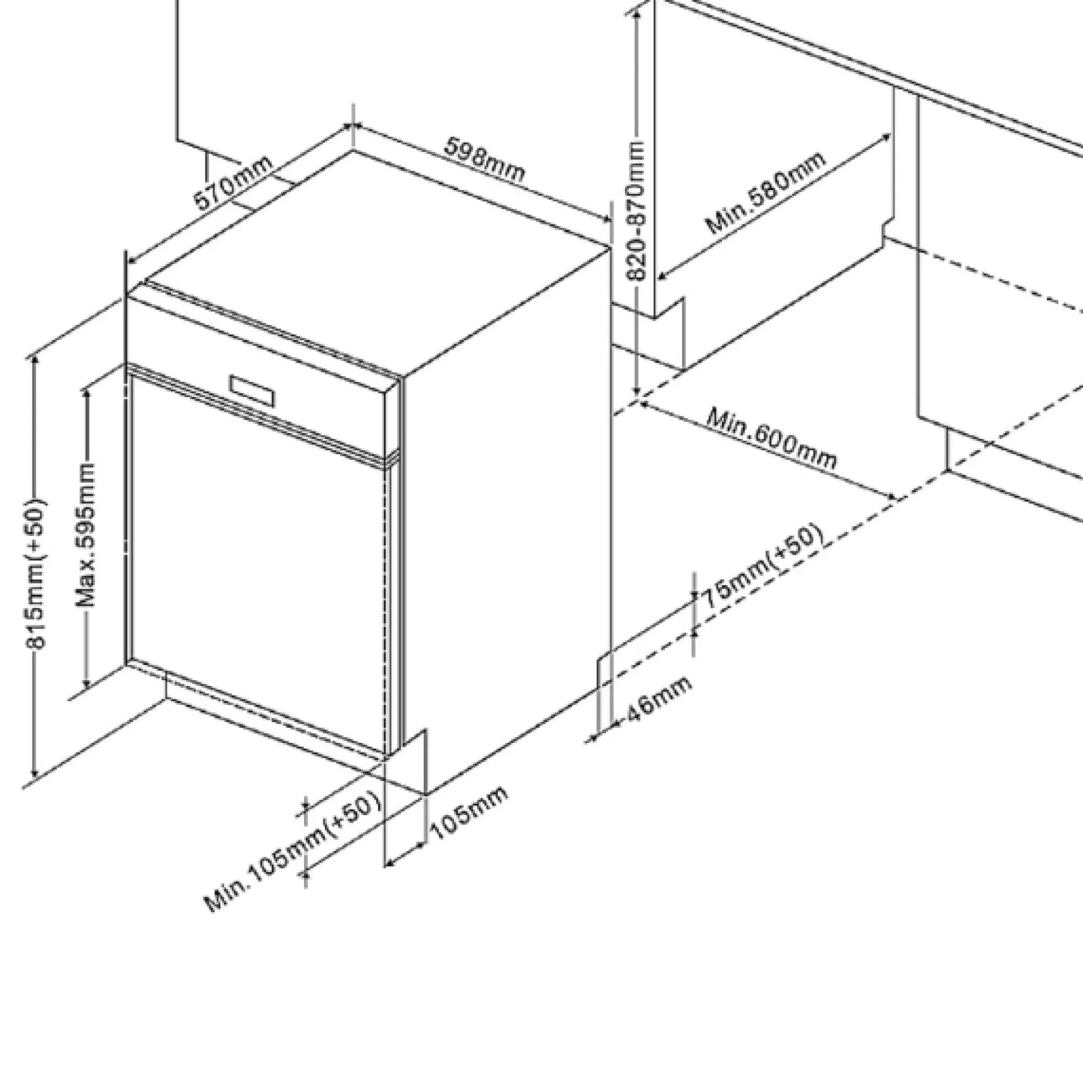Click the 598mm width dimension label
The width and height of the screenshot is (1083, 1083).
tap(485, 160)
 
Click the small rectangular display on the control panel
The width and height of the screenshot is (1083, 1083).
tap(253, 390)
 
